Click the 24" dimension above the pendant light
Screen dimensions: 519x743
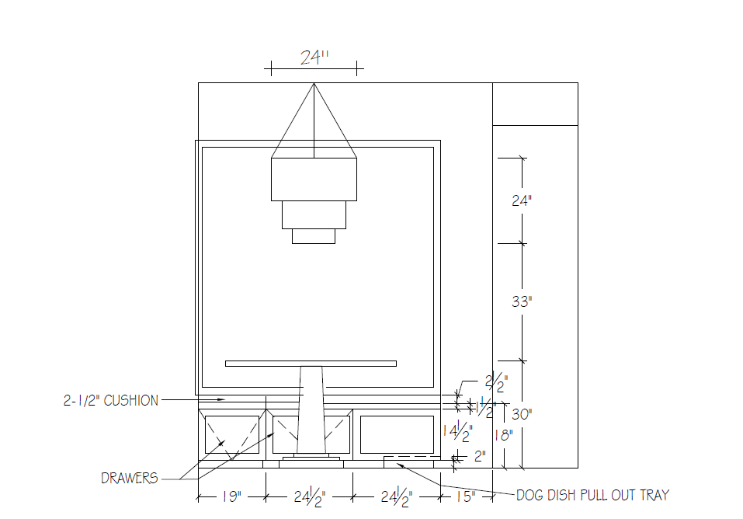314,57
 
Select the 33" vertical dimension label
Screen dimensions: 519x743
522,301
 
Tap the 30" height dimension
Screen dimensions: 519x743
522,414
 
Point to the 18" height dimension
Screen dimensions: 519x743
505,435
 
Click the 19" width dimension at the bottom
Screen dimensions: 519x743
231,496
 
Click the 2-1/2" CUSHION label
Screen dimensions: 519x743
110,401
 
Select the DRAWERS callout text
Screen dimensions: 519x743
129,479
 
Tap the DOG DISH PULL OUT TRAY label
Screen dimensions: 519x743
592,495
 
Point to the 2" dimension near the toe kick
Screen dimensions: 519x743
479,456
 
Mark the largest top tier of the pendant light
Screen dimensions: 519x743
314,179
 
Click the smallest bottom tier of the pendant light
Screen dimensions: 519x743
314,236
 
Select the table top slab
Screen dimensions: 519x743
311,363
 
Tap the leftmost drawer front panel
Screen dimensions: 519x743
231,434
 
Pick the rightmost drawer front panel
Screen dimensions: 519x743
397,434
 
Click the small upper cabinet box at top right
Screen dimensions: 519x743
535,103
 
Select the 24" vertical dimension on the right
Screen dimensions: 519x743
522,200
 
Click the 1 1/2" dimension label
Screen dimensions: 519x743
485,407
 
